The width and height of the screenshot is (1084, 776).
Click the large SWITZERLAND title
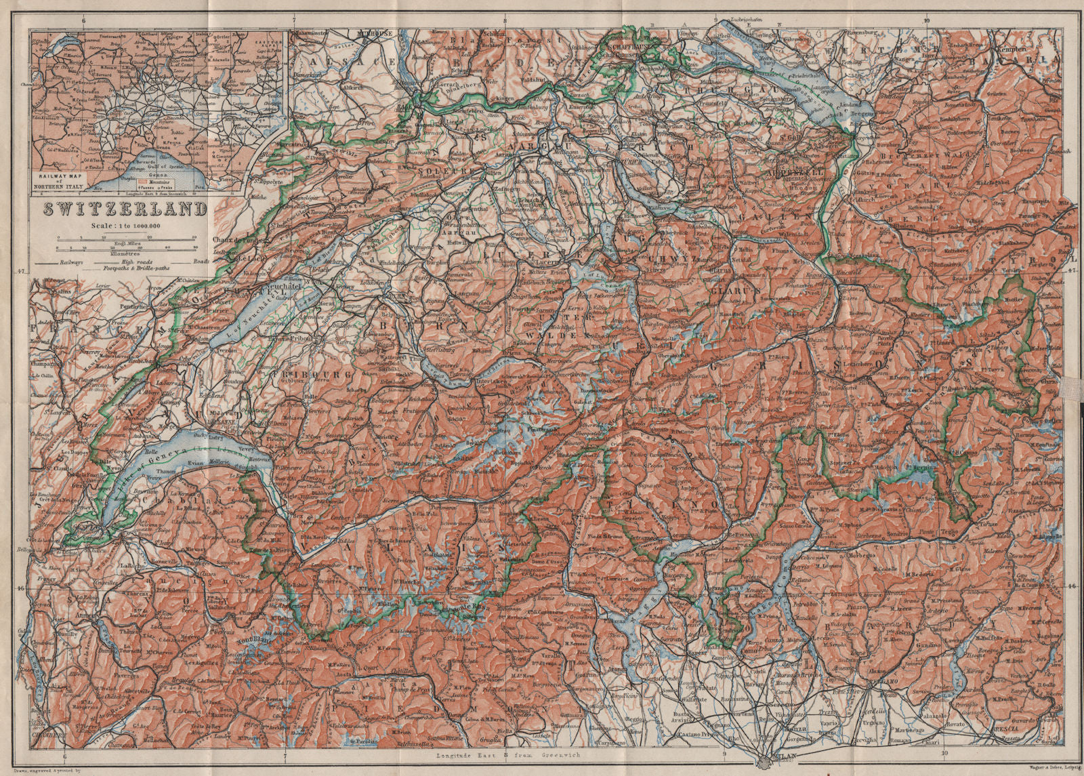click(x=126, y=209)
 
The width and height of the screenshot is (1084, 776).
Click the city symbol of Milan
click(x=770, y=762)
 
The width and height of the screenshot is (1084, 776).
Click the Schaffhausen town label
click(x=619, y=47)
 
